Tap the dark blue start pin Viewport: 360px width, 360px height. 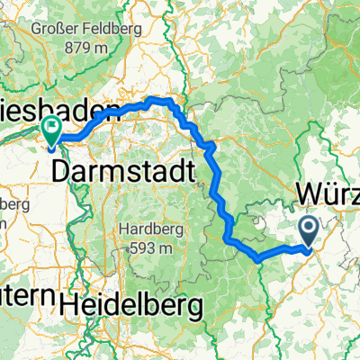309,232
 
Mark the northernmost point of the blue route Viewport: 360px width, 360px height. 160,99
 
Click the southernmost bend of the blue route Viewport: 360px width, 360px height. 258,259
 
